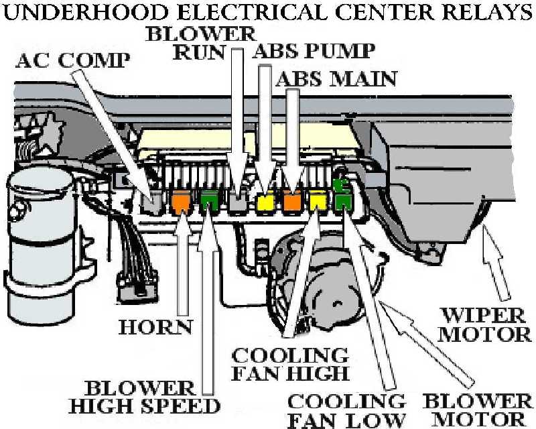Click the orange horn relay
click(x=180, y=201)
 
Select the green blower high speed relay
click(x=209, y=200)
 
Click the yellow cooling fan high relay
click(x=316, y=199)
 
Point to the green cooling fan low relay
click(x=343, y=200)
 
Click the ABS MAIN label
click(x=336, y=79)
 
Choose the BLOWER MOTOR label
click(x=478, y=410)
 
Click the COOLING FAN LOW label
click(x=346, y=410)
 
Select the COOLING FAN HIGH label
click(x=291, y=363)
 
